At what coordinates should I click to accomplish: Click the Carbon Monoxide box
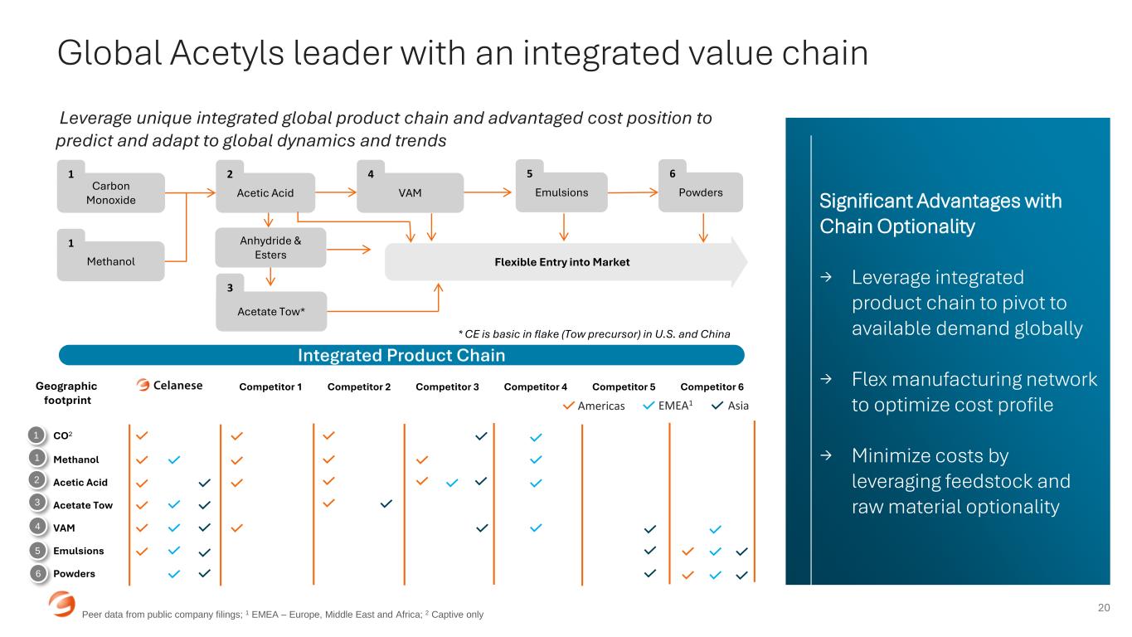110,192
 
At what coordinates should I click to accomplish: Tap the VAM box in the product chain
410,192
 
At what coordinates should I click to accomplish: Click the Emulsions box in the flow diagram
561,192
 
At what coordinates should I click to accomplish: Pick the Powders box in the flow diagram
701,192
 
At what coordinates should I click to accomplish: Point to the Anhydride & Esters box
270,248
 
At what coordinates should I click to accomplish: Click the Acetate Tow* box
271,312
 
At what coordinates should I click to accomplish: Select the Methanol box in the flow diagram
110,261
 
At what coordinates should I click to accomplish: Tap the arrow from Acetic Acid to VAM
335,192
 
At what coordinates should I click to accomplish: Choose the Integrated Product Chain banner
401,355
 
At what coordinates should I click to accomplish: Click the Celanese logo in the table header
170,386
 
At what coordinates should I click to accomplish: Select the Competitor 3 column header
447,387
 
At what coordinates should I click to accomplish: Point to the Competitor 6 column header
712,387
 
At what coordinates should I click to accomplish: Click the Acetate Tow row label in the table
82,505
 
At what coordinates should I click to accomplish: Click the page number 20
1104,608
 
